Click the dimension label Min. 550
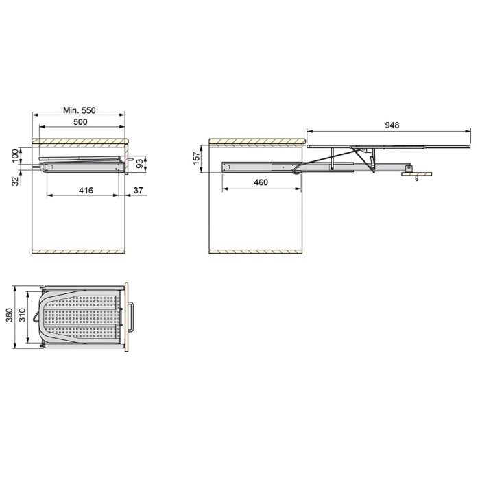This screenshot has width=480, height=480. (80, 110)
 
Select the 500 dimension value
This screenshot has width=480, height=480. (80, 122)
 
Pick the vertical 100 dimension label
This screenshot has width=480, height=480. (14, 156)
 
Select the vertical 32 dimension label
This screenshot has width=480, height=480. (14, 180)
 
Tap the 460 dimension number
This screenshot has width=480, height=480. (261, 182)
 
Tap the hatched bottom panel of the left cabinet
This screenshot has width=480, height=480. (80, 251)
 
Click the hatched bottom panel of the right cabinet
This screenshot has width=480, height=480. (255, 251)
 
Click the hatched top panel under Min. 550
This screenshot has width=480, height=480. (80, 141)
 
